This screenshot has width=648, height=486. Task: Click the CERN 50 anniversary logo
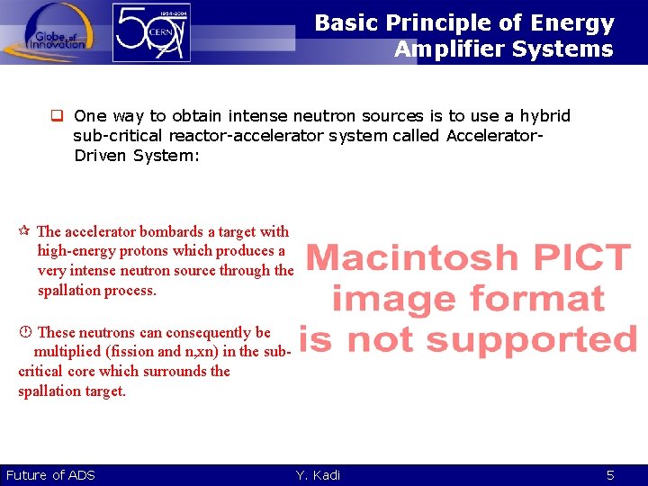[x=151, y=32]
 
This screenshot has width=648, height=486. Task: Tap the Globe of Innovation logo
[x=56, y=32]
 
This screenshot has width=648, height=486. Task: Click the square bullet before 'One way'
[x=55, y=116]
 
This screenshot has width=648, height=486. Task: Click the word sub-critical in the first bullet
[x=114, y=136]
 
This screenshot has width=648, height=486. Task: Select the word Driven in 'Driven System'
[x=102, y=155]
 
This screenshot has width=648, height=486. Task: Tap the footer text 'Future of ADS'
[x=50, y=475]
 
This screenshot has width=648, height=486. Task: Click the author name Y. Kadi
[x=318, y=475]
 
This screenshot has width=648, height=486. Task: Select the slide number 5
[x=610, y=475]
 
